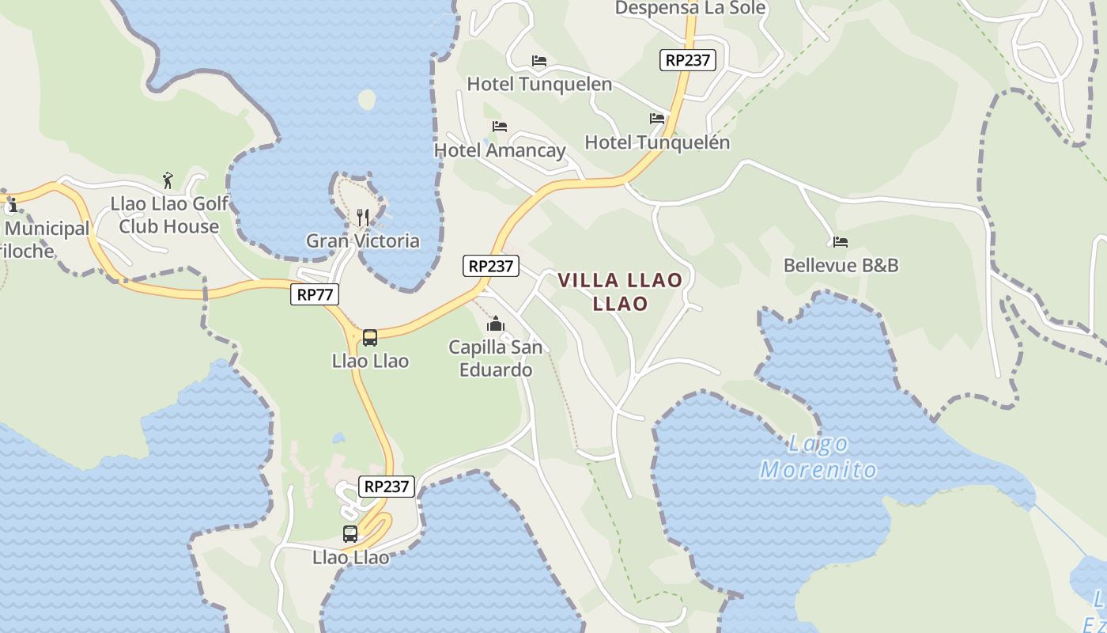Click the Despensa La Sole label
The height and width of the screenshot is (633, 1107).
tap(690, 8)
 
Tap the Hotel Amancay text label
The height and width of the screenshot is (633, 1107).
tap(500, 150)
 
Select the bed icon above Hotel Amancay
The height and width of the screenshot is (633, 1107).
tap(499, 126)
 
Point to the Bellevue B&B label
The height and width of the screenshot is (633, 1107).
tap(841, 265)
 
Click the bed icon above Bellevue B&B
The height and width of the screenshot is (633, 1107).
tap(840, 241)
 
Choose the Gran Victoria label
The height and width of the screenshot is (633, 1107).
tap(363, 241)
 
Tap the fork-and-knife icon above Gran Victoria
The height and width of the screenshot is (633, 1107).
tap(363, 217)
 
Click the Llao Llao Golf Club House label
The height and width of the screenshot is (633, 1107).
tap(168, 215)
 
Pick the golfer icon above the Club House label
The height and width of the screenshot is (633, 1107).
tap(167, 180)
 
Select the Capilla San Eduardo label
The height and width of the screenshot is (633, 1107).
tap(496, 358)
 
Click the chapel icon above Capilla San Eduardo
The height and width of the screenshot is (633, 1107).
tap(496, 324)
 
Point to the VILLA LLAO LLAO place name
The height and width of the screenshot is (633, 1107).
tap(620, 291)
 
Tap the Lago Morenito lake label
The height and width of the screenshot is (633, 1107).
tap(818, 457)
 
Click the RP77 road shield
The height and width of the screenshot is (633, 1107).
tap(315, 295)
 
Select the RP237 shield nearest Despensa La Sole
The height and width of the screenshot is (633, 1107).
tap(688, 60)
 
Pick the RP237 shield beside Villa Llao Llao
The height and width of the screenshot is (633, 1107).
tap(491, 267)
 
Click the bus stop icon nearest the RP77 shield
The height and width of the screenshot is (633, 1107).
tap(369, 338)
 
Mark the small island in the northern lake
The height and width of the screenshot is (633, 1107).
tap(367, 100)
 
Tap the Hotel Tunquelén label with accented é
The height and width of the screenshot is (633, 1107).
tap(657, 142)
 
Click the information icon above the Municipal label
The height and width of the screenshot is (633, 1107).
tap(12, 207)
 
